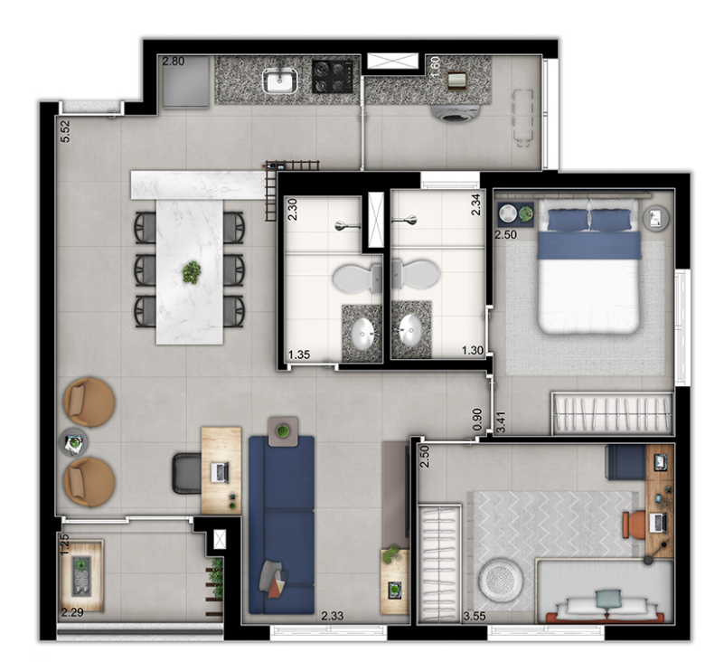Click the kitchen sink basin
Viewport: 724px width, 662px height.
280,80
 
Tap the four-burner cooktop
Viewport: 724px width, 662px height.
333,77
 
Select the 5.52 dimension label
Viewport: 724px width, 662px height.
65,131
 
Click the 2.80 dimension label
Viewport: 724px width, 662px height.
174,61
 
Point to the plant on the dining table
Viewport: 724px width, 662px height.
191,272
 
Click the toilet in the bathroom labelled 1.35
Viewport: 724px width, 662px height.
357,279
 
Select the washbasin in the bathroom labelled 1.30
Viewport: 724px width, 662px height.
410,330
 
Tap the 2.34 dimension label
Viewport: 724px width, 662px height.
475,204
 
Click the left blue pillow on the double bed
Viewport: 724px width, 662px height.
568,220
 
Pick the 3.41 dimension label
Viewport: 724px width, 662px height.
500,422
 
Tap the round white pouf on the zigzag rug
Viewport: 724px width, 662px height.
501,580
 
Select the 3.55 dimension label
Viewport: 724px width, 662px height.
475,616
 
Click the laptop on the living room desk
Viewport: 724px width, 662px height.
221,472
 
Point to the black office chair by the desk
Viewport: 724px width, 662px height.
186,474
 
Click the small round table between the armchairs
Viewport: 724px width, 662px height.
73,442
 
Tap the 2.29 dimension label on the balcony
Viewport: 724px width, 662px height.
72,612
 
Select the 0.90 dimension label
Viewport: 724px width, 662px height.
477,420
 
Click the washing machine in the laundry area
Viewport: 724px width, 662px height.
456,113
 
